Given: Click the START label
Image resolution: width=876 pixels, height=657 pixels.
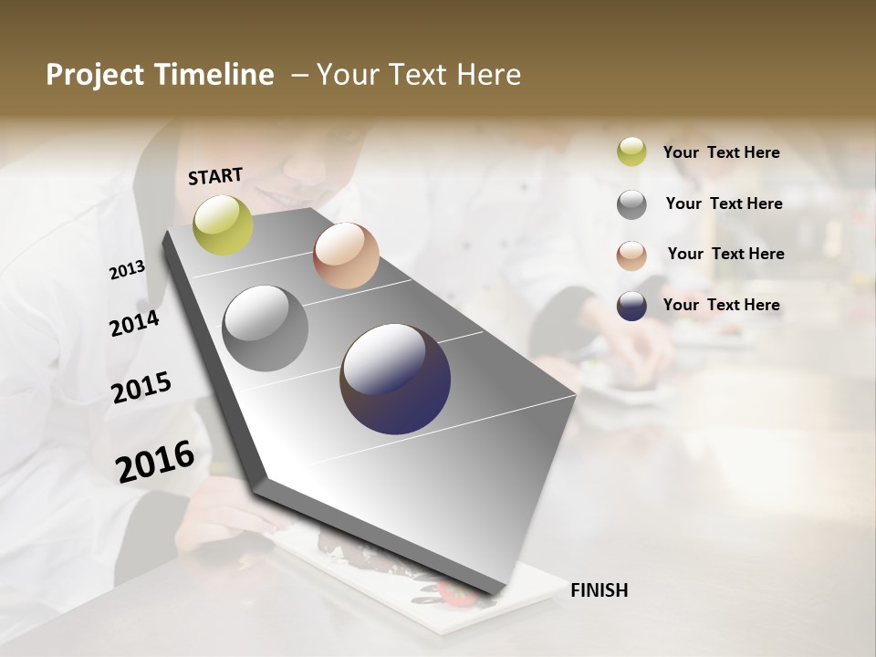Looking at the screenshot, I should pyautogui.click(x=215, y=176).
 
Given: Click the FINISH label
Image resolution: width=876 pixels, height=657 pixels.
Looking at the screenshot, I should pyautogui.click(x=599, y=590).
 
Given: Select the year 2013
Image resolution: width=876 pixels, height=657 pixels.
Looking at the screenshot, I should pyautogui.click(x=127, y=270).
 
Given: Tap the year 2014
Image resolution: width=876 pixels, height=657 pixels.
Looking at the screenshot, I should pyautogui.click(x=134, y=323).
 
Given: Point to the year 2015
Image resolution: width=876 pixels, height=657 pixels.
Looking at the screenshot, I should pyautogui.click(x=141, y=388).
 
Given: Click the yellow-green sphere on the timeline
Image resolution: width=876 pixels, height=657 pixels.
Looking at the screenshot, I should pyautogui.click(x=223, y=224).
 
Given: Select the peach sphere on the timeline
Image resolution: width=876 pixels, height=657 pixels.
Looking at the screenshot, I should pyautogui.click(x=346, y=255).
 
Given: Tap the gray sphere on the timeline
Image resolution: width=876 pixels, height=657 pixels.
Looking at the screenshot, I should pyautogui.click(x=265, y=328).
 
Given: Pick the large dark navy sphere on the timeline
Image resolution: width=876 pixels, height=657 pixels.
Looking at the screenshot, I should pyautogui.click(x=395, y=379).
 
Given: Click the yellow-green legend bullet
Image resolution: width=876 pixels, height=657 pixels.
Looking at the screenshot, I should pyautogui.click(x=631, y=152).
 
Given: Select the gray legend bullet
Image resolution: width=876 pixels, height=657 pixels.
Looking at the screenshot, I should pyautogui.click(x=631, y=204).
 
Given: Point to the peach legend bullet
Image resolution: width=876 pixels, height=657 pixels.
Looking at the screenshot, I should pyautogui.click(x=631, y=255).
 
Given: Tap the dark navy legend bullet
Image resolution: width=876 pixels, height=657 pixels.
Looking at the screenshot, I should pyautogui.click(x=631, y=306).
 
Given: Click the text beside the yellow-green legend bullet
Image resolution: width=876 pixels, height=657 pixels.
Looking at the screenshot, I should pyautogui.click(x=721, y=152).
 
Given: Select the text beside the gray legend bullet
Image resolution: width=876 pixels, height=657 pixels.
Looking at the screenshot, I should pyautogui.click(x=724, y=203).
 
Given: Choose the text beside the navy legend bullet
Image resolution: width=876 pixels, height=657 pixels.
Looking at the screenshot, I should pyautogui.click(x=721, y=305).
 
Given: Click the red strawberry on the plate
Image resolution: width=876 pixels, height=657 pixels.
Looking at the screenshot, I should pyautogui.click(x=456, y=594).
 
